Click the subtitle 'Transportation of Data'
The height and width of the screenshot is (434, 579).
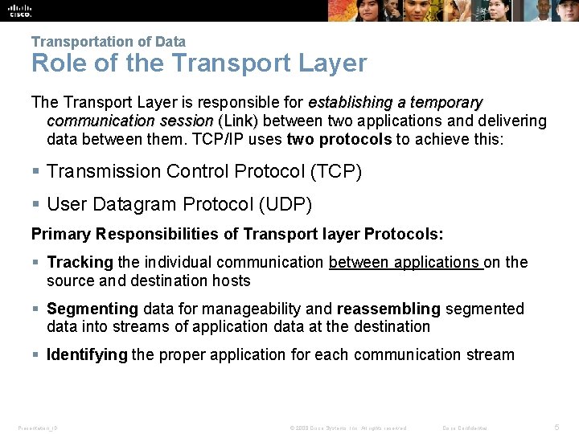pyautogui.click(x=109, y=42)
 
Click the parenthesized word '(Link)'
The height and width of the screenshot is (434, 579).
pyautogui.click(x=238, y=121)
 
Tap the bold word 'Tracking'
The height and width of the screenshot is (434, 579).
pyautogui.click(x=80, y=263)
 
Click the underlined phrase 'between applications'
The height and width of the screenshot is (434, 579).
pyautogui.click(x=405, y=263)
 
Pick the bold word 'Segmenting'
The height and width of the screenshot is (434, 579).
pyautogui.click(x=92, y=309)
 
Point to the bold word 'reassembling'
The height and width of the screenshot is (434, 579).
pyautogui.click(x=388, y=309)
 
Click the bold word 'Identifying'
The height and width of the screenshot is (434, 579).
pyautogui.click(x=87, y=355)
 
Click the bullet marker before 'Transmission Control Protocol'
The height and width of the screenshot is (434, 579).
pyautogui.click(x=35, y=171)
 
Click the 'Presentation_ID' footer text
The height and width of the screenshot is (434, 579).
pyautogui.click(x=38, y=428)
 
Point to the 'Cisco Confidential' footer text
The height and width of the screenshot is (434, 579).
pyautogui.click(x=466, y=428)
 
